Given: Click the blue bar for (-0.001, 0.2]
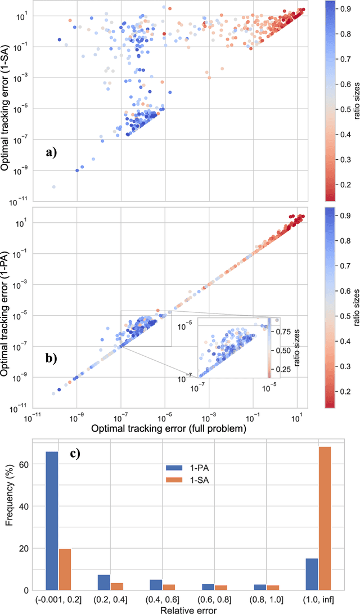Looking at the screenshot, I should click(52, 521).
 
